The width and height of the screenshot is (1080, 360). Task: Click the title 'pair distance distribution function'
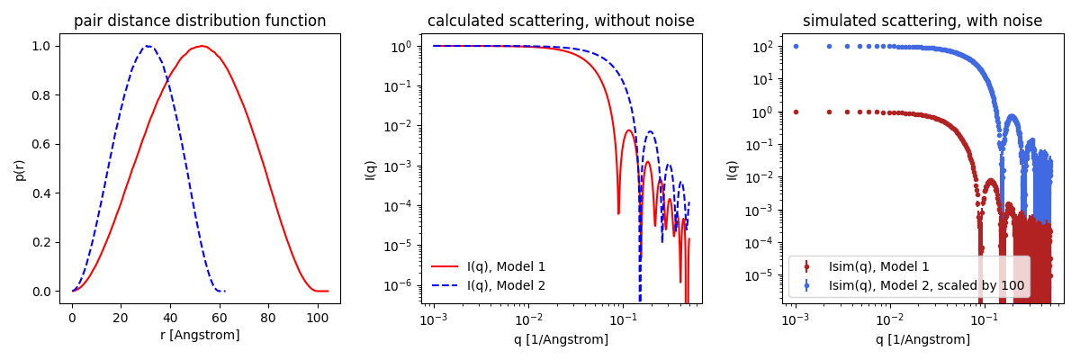pos(200,21)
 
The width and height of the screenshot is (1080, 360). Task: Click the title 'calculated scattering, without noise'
pos(561,21)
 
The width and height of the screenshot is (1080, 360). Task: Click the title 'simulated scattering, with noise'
pos(922,21)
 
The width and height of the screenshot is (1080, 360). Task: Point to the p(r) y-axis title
pos(20,168)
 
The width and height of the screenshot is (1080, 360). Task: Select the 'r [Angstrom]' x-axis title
pos(200,336)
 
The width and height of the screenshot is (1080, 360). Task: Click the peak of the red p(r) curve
pos(203,46)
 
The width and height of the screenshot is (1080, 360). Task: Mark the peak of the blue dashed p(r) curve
pos(148,47)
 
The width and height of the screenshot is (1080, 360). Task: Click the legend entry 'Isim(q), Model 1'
pos(878,266)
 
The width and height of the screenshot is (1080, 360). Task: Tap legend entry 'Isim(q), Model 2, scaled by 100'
pos(926,285)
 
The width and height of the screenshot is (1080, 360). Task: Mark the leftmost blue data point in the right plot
pos(796,46)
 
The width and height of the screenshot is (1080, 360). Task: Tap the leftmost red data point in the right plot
pos(796,112)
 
